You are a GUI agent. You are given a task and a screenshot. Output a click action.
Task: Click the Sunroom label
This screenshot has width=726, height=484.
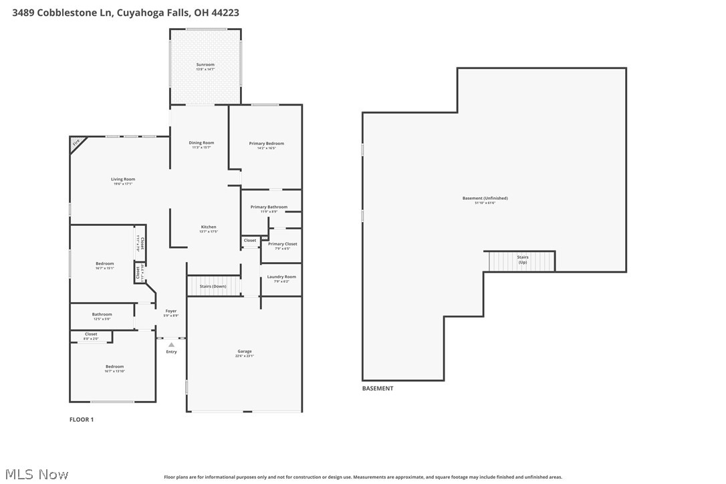pyautogui.click(x=205, y=65)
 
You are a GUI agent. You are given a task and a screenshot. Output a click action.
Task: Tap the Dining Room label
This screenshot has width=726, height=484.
pyautogui.click(x=201, y=143)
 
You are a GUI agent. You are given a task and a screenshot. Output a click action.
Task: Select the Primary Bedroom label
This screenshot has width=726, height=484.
pyautogui.click(x=266, y=144)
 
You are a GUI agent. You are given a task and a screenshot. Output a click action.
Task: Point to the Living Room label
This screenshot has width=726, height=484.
pyautogui.click(x=123, y=179)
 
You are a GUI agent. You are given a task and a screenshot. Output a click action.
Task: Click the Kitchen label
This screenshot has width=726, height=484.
pyautogui.click(x=209, y=227)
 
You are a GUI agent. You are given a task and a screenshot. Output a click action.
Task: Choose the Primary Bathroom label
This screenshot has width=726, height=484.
pyautogui.click(x=269, y=207)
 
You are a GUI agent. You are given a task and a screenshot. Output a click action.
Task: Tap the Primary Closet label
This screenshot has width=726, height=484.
pyautogui.click(x=282, y=244)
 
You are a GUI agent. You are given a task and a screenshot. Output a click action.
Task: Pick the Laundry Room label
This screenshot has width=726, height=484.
pyautogui.click(x=281, y=277)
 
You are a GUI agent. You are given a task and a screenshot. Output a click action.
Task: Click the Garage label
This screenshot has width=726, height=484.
pyautogui.click(x=245, y=352)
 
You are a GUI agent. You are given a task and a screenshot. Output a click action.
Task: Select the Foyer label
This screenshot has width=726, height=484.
pyautogui.click(x=171, y=311)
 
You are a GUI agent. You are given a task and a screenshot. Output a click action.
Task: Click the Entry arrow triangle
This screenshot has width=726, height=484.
pyautogui.click(x=171, y=345)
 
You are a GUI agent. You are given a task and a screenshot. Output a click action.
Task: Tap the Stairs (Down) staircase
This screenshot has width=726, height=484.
pyautogui.click(x=213, y=286)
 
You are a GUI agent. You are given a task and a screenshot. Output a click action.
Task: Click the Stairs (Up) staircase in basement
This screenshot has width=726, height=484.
pyautogui.click(x=522, y=261)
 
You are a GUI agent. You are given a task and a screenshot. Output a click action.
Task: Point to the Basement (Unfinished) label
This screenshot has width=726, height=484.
pyautogui.click(x=485, y=199)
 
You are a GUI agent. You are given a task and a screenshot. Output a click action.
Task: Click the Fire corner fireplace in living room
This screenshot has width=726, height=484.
pyautogui.click(x=76, y=142)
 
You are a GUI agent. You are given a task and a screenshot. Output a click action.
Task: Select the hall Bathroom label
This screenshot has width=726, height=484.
pyautogui.click(x=102, y=314)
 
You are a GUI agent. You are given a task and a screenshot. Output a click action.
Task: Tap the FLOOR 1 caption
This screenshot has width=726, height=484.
pyautogui.click(x=82, y=420)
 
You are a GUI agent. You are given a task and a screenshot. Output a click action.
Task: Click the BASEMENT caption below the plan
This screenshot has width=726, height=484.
pyautogui.click(x=378, y=388)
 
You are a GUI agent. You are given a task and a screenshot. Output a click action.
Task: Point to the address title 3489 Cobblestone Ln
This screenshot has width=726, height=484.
pyautogui.click(x=126, y=13)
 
